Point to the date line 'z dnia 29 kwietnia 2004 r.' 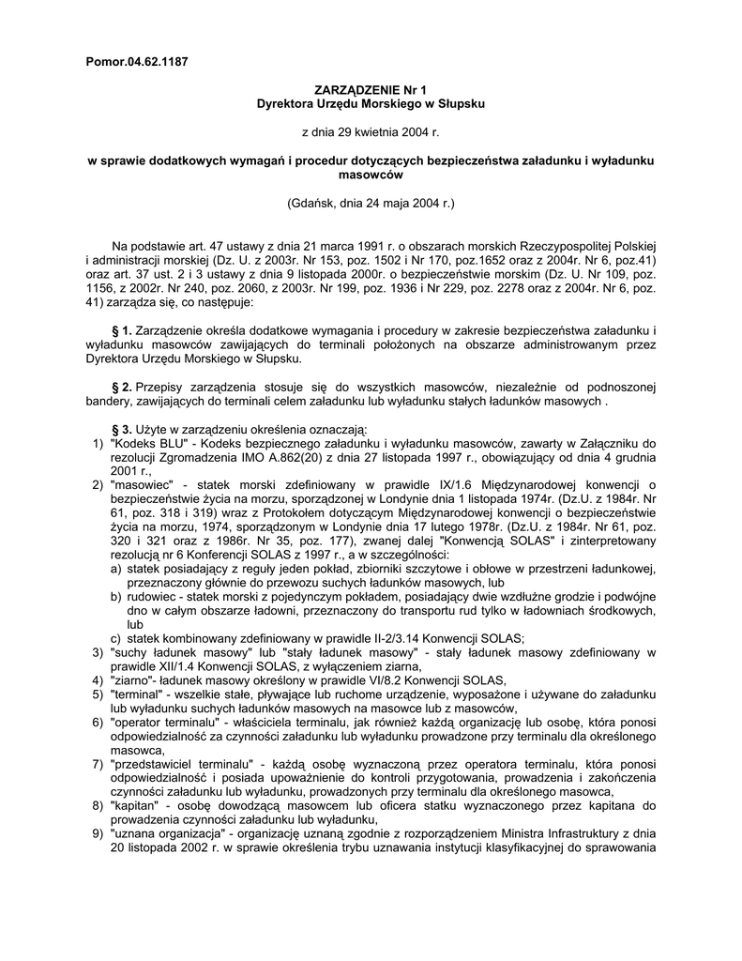(370, 132)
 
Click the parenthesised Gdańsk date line (370, 203)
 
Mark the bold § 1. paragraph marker (122, 331)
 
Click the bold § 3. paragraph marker (122, 428)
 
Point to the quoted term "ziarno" (140, 679)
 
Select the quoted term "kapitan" (137, 806)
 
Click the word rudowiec (156, 596)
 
